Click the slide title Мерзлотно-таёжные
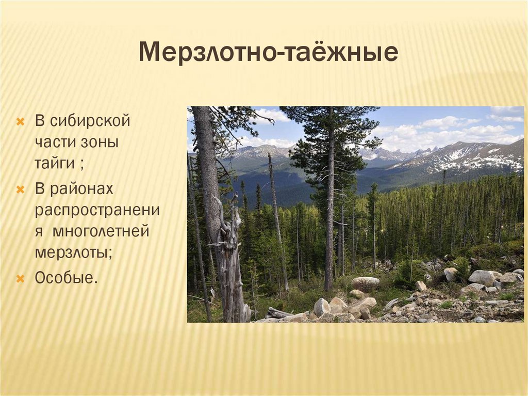click(268, 53)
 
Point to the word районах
click(81, 189)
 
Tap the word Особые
click(66, 278)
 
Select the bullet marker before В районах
click(21, 189)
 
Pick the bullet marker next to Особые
click(21, 279)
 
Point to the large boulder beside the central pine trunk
click(365, 283)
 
